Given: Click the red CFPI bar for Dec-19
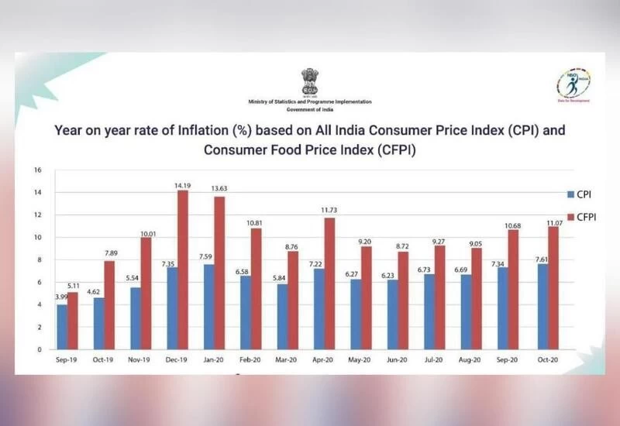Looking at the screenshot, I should (x=183, y=270).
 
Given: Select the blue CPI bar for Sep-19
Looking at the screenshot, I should (x=61, y=326).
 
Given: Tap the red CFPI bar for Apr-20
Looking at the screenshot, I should (x=330, y=283).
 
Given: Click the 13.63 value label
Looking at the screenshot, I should (x=220, y=191).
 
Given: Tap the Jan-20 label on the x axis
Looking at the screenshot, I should (x=213, y=362).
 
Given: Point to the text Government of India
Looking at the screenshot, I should (x=309, y=111).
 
